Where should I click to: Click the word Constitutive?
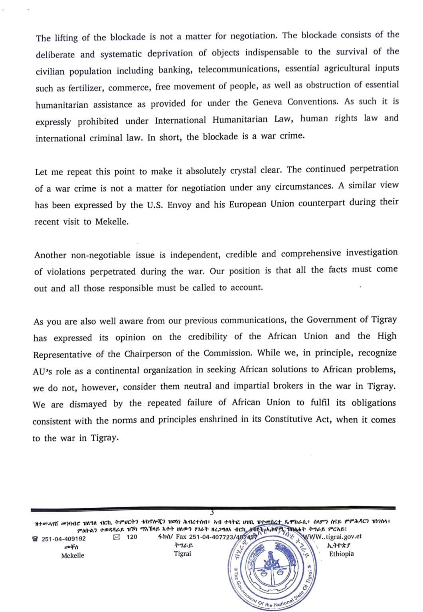(290, 419)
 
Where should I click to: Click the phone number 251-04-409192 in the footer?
(63, 539)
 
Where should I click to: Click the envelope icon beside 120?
(117, 537)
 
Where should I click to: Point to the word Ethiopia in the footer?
(341, 554)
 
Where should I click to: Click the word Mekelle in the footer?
(73, 555)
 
